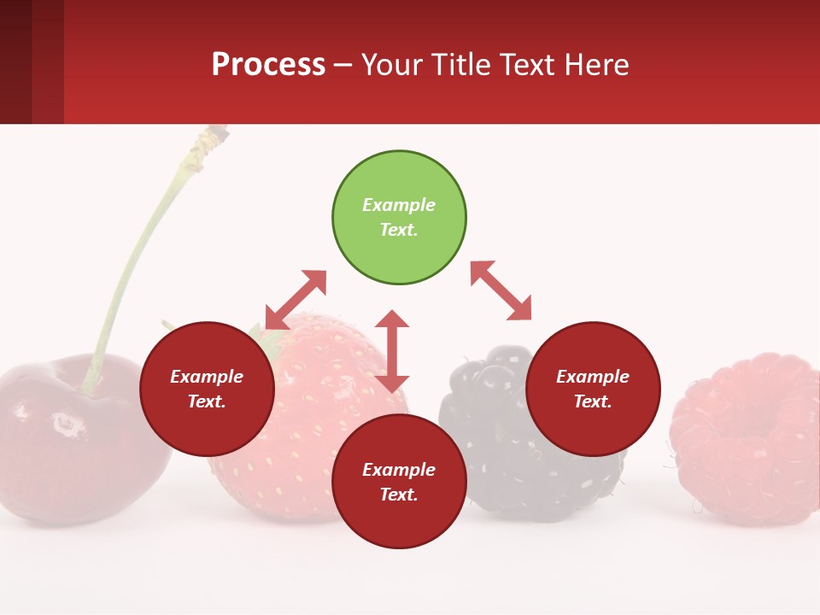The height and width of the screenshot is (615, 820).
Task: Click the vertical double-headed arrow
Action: point(392,351)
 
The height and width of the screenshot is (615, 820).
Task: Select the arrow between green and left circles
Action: point(296,300)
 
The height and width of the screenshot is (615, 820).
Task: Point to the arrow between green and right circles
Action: point(501,290)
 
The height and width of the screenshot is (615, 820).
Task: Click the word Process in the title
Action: point(268,64)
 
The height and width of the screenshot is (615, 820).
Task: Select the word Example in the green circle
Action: point(399,205)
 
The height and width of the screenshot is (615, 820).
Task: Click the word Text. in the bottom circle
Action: point(399,495)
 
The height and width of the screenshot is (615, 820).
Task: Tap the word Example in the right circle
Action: point(593,377)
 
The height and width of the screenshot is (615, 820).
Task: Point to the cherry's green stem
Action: point(137,256)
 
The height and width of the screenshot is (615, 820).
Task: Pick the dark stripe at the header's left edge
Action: point(15,61)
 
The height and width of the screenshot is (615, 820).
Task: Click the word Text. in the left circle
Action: point(207,401)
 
